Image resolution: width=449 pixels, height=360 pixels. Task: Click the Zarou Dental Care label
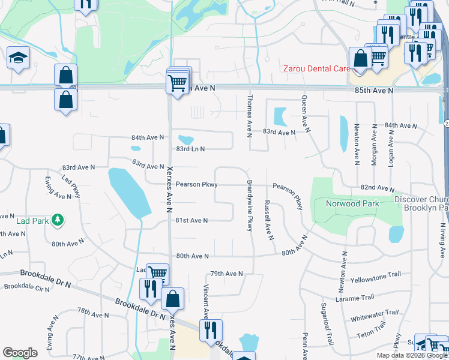(x=316, y=69)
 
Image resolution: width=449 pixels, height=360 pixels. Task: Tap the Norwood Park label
(x=352, y=203)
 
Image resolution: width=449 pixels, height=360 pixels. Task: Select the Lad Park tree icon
(x=58, y=221)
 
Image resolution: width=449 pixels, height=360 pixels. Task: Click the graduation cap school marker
(x=19, y=58)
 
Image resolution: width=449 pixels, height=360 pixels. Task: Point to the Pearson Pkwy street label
(x=196, y=185)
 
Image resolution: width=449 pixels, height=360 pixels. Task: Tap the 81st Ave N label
(x=191, y=221)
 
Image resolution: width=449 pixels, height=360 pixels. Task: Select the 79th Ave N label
(x=226, y=274)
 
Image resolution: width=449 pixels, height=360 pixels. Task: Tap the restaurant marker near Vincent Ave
(x=211, y=330)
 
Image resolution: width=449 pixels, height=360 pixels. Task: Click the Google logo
(x=20, y=353)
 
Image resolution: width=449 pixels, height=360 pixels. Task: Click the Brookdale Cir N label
(x=27, y=287)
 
